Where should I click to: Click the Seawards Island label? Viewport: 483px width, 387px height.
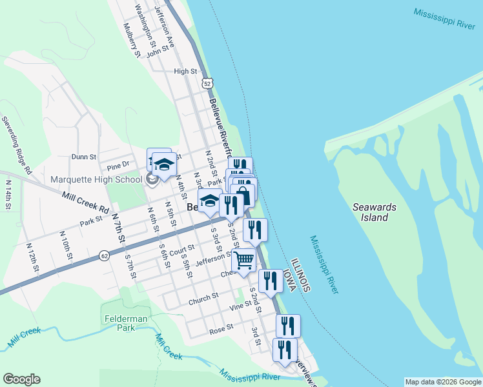click(x=375, y=212)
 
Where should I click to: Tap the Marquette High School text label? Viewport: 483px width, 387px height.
click(x=96, y=179)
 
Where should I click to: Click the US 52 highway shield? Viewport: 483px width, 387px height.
click(x=206, y=84)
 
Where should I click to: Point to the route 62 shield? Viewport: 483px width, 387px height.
click(x=104, y=256)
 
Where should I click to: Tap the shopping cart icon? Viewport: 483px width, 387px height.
click(x=243, y=260)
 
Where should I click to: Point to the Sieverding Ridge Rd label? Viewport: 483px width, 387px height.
click(x=16, y=146)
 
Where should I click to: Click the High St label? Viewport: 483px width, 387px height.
click(x=185, y=71)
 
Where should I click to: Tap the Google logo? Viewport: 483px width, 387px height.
click(x=21, y=379)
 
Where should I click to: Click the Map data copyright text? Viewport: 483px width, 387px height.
click(x=442, y=382)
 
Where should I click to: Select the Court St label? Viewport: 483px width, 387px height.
click(x=182, y=249)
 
